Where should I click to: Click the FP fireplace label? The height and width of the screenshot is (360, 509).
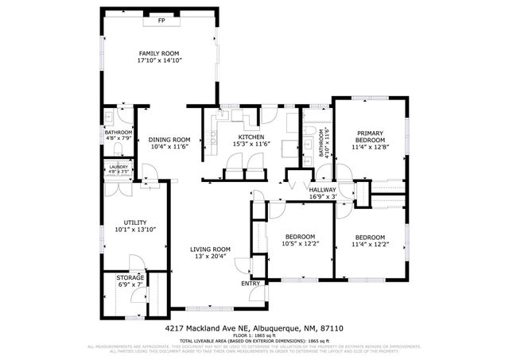[161, 20]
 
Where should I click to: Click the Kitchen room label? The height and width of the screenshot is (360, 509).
[248, 136]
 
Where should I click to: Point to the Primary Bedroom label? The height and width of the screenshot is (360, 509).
[370, 136]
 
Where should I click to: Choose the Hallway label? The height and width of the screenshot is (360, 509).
[323, 189]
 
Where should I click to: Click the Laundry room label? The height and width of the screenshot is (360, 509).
[118, 166]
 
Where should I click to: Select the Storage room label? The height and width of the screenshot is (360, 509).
[130, 277]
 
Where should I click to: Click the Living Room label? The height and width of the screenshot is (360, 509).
[210, 249]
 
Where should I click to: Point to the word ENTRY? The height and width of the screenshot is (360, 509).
[250, 283]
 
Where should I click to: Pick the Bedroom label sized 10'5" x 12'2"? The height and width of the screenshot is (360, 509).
[301, 237]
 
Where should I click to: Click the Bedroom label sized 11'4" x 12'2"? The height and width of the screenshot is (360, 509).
[370, 238]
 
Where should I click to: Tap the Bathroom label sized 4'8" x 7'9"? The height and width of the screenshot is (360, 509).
[119, 133]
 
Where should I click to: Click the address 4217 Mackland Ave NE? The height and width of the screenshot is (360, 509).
[207, 327]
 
